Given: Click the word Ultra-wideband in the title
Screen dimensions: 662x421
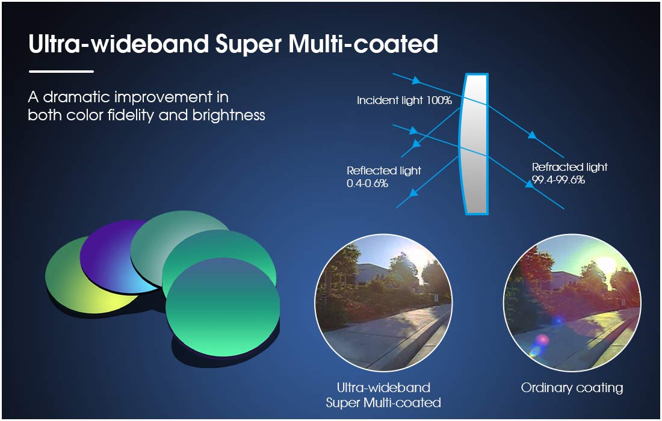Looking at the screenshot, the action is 119,43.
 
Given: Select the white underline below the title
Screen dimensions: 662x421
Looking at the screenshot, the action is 61,72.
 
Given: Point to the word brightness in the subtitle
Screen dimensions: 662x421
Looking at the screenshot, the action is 229,115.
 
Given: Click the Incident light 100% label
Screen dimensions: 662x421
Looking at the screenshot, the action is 404,100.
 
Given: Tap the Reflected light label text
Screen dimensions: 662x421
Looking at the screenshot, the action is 384,171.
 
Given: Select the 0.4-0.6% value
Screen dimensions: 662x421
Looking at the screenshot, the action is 367,183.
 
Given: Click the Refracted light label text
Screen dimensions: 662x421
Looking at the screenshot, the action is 569,167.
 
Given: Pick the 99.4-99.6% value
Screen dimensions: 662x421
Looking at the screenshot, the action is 558,180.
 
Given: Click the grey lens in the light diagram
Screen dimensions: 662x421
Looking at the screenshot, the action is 475,144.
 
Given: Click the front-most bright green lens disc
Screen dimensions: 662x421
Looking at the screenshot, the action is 223,307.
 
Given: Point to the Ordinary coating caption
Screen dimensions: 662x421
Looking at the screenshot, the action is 572,388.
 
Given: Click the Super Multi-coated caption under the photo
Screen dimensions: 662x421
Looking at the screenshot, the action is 383,402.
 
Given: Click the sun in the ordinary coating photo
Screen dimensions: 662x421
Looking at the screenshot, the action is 606,265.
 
